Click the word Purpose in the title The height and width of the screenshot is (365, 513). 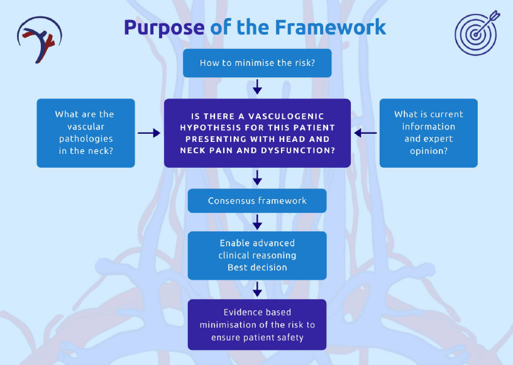(163, 28)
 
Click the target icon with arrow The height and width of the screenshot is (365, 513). (476, 33)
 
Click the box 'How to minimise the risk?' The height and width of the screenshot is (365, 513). (257, 63)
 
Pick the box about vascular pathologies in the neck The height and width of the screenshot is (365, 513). (85, 133)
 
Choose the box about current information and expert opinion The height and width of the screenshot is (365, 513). (428, 133)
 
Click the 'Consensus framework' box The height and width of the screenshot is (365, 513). (257, 201)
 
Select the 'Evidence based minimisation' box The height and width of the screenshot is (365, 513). (257, 325)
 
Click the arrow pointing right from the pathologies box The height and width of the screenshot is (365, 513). (149, 133)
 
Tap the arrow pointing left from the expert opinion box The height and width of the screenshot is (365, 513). (365, 133)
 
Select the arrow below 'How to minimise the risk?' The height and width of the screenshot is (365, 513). (257, 87)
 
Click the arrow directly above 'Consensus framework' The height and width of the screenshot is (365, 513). (257, 178)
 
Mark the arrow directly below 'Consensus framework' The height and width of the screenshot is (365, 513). (257, 222)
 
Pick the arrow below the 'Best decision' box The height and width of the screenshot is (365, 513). (257, 289)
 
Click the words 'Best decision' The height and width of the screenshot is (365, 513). (257, 267)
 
